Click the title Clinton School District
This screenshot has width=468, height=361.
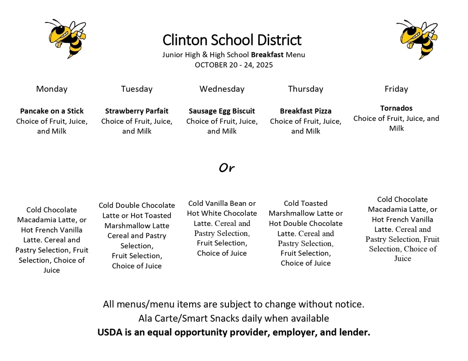[x=232, y=40]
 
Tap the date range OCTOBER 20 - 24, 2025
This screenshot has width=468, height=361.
[x=234, y=65]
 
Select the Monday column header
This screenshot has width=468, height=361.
[x=52, y=89]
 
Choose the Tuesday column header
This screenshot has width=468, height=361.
[x=137, y=89]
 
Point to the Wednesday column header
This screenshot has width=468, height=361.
[x=222, y=89]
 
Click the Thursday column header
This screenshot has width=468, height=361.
[x=305, y=89]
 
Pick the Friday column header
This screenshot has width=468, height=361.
[x=396, y=89]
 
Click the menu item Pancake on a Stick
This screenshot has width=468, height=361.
[x=52, y=111]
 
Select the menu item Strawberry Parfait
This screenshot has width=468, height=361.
[x=137, y=111]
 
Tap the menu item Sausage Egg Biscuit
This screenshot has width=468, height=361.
[x=222, y=111]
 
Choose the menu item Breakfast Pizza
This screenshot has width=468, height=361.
[x=306, y=111]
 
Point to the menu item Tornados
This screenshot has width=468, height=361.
[x=396, y=108]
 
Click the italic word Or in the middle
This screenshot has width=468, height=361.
[x=226, y=168]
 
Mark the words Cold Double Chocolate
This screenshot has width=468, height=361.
[x=137, y=205]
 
